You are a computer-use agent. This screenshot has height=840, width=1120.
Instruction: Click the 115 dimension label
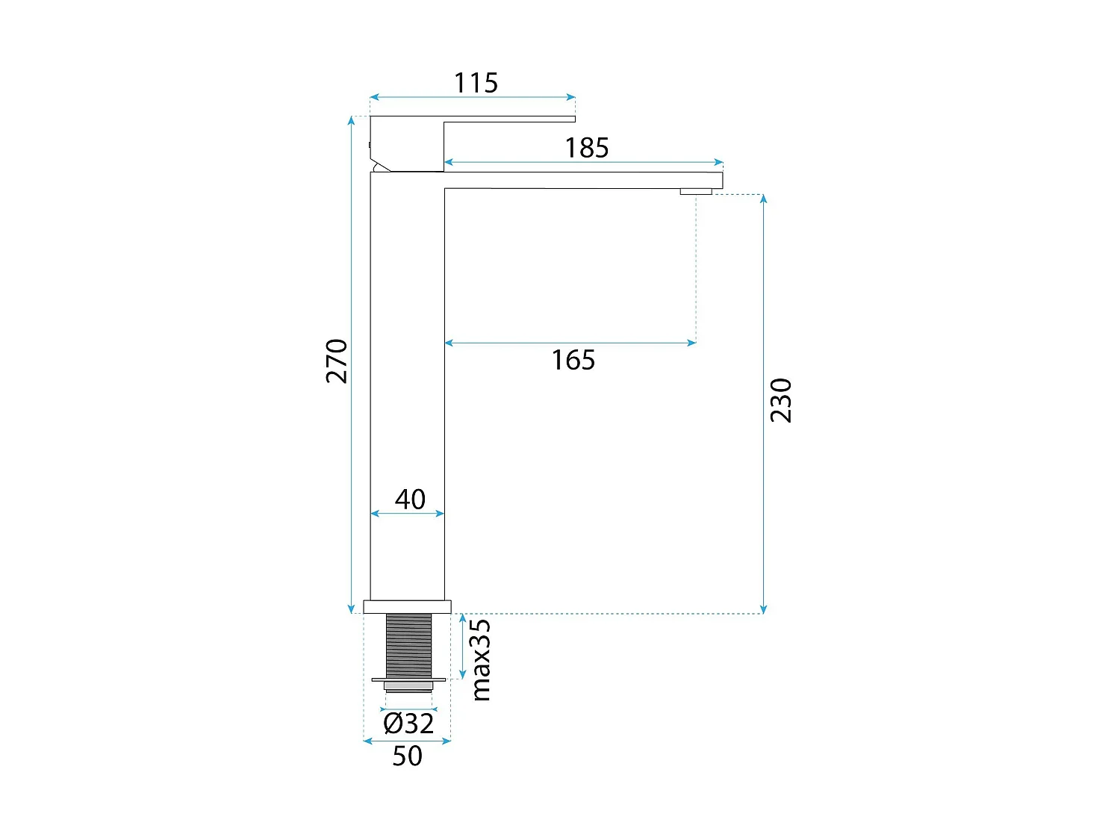pos(476,83)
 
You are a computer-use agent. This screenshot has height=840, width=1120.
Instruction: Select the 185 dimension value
pos(586,148)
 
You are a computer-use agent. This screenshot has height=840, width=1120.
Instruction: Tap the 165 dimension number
pos(573,360)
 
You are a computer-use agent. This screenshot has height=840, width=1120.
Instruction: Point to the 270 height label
pos(337,361)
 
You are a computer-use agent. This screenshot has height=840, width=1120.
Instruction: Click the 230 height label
pos(781,400)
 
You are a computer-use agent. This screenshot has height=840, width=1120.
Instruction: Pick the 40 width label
pos(410,500)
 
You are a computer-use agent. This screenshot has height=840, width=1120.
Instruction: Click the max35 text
pos(481,660)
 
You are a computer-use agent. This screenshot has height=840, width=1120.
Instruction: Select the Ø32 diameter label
pos(408,724)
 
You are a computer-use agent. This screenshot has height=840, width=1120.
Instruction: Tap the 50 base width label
pos(407,756)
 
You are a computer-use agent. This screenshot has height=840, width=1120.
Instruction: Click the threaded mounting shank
pos(408,646)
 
